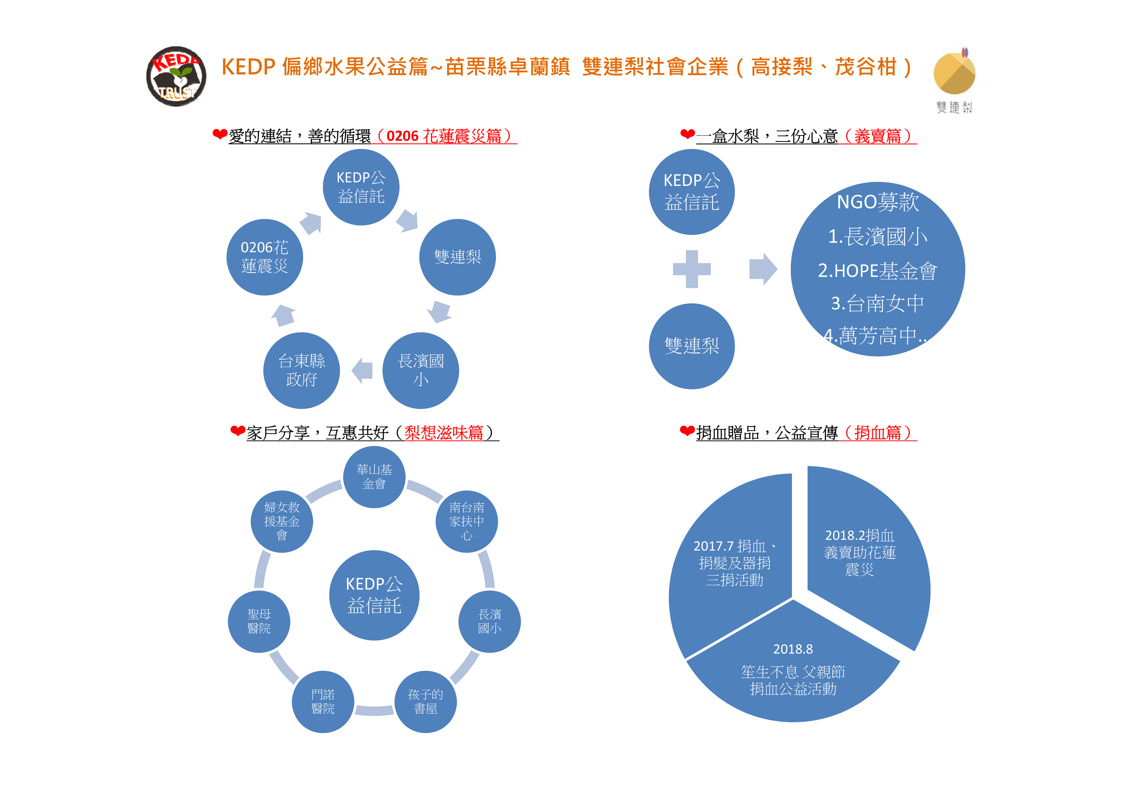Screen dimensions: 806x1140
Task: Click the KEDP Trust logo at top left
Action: [x=176, y=76]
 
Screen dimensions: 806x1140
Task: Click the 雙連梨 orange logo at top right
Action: [x=954, y=73]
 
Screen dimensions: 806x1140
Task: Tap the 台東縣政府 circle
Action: [x=301, y=370]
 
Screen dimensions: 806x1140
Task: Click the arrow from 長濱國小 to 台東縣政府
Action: [x=362, y=370]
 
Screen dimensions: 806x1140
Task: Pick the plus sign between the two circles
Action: [x=692, y=269]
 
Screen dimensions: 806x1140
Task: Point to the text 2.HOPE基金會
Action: [x=877, y=271]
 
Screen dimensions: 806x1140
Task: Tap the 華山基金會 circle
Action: [x=374, y=477]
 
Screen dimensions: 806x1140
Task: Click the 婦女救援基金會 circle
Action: [x=282, y=521]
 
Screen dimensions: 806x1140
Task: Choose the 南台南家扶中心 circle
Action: [x=467, y=521]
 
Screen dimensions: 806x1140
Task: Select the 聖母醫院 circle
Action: [x=259, y=622]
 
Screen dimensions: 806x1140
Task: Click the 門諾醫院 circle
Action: [x=323, y=702]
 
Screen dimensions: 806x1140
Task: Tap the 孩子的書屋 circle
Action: [x=425, y=702]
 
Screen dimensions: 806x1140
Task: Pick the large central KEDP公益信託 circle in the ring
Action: [x=374, y=595]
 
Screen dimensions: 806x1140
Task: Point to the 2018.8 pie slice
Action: [x=793, y=670]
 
